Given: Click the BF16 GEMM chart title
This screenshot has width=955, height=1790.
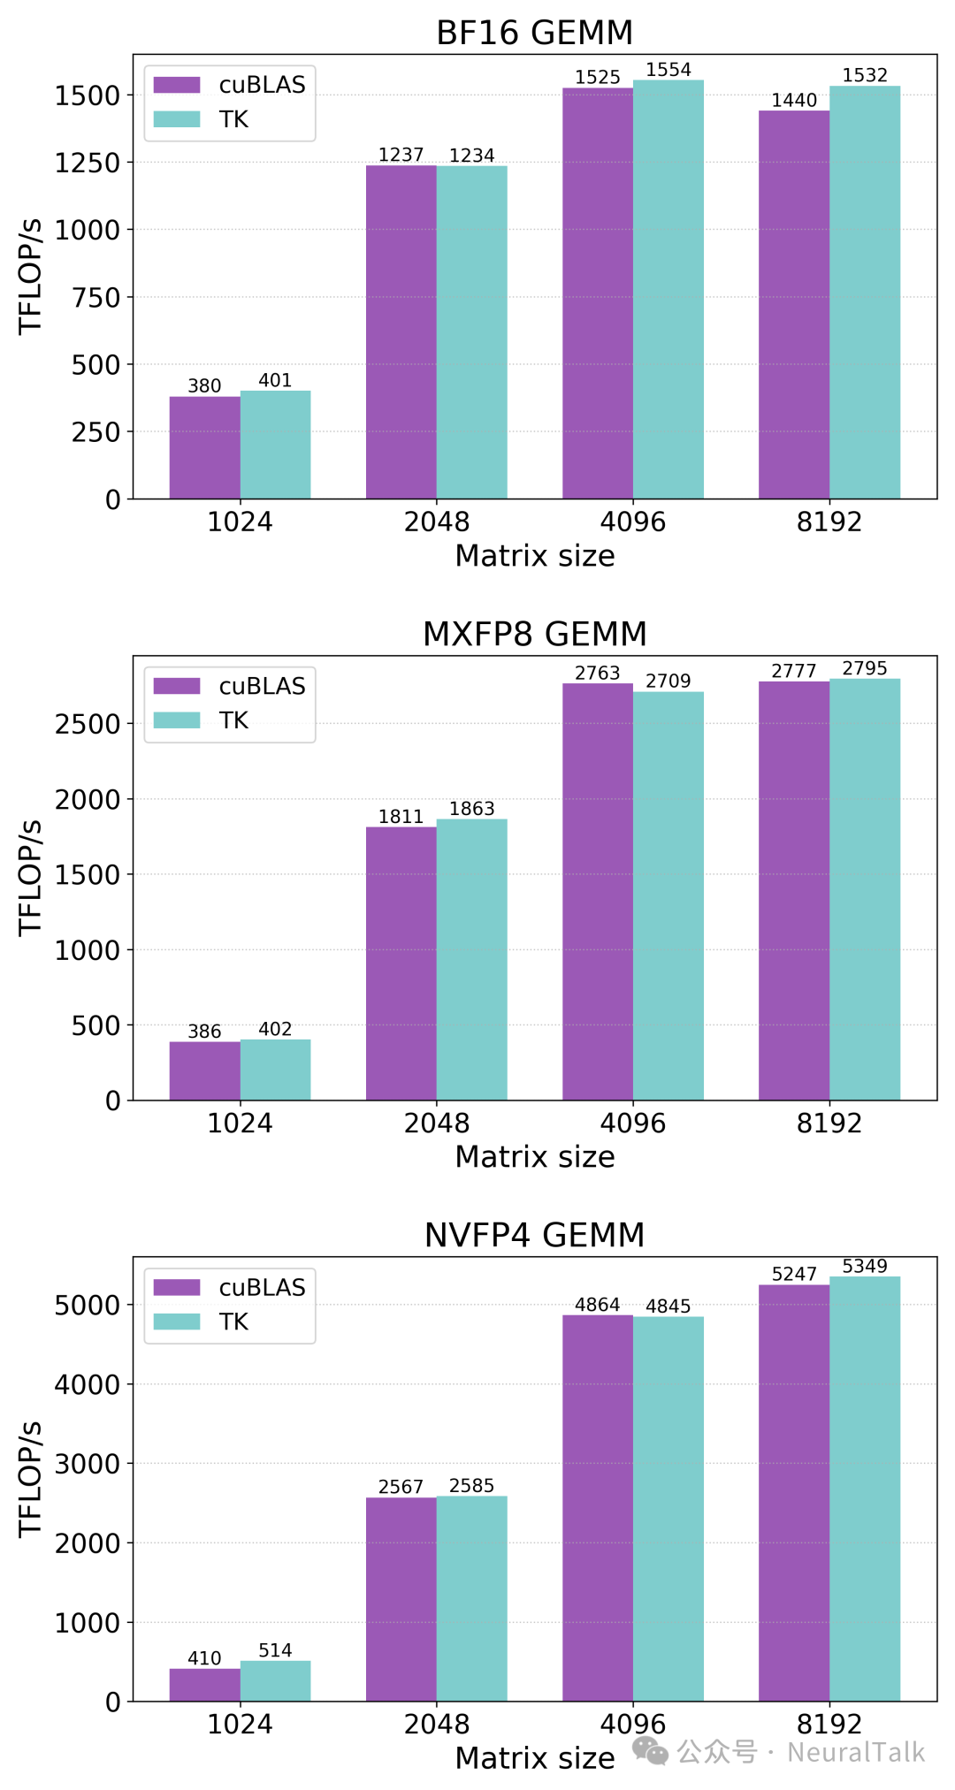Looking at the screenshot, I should coord(534,33).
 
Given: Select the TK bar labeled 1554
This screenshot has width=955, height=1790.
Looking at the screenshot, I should coord(668,292).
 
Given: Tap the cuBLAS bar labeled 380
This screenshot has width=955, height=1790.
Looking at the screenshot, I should coord(204,448).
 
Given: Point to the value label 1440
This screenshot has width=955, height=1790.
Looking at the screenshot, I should coord(793,100).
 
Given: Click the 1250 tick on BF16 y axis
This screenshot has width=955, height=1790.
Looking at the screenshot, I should coord(87,163).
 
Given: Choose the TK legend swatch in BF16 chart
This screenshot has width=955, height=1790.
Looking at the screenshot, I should coord(177,119).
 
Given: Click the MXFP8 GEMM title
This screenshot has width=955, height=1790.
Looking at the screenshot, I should coord(534,634).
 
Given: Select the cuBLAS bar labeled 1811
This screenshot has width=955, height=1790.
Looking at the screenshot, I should coord(401,964).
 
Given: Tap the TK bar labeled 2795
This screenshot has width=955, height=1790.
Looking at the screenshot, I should coord(864,888).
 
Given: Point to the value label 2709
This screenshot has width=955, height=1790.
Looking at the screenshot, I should coord(668,681).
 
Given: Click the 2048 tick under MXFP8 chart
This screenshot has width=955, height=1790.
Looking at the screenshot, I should coord(436,1123).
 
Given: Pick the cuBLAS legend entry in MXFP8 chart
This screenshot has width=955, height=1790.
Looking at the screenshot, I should coord(230,686).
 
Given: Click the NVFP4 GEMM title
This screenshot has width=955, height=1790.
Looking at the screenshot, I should coord(534,1235).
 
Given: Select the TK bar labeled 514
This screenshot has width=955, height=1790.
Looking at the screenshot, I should coord(275,1681).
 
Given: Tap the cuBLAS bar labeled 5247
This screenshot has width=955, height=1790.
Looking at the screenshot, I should coord(793,1494).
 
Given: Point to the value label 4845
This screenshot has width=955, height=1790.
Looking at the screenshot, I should coord(668,1306).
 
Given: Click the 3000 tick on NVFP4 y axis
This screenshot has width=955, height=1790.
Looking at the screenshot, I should coord(87,1464).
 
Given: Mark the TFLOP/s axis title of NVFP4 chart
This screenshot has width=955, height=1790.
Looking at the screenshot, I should coord(30,1479).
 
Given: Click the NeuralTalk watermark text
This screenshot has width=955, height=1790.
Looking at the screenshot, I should coord(855,1752).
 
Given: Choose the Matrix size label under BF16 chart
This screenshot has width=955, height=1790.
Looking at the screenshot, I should coord(534,556).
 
